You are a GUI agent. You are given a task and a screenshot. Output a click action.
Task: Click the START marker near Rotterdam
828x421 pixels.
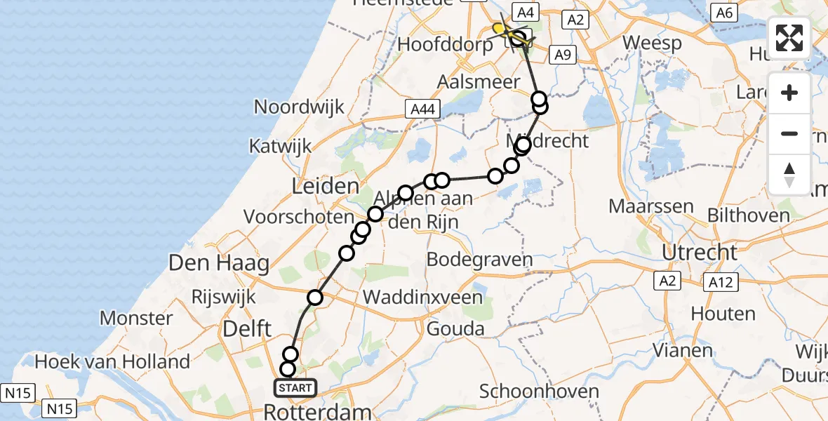click(291, 387)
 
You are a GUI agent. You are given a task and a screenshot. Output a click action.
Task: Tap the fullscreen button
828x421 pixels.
click(789, 38)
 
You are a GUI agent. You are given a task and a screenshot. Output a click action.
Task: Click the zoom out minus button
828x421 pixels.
click(789, 133)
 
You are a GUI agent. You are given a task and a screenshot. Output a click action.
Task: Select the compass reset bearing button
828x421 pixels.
click(789, 174)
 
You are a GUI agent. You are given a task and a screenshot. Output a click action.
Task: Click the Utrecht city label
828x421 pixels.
click(698, 252)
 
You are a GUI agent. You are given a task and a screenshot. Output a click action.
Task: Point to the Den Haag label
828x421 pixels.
click(219, 264)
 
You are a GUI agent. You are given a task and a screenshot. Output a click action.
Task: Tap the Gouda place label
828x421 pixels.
click(456, 328)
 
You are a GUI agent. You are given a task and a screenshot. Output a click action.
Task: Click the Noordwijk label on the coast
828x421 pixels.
click(300, 107)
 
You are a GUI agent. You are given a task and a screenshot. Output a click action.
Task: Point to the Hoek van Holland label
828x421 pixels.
click(112, 361)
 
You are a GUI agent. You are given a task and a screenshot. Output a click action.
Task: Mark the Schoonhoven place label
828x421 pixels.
click(540, 391)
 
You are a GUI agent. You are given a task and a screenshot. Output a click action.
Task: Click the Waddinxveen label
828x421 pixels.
click(422, 297)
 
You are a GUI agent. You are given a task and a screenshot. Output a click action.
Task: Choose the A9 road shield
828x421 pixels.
click(563, 55)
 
